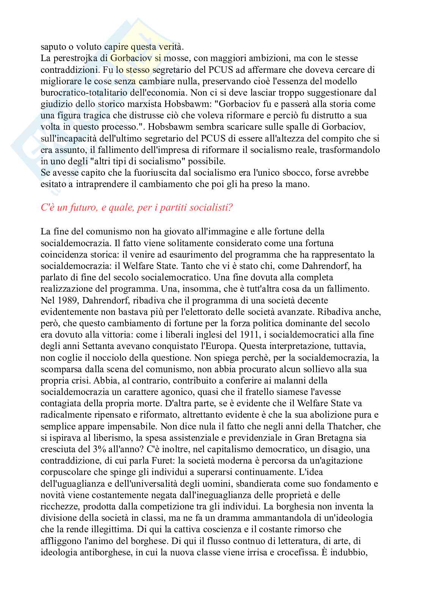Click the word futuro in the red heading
point(82,208)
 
